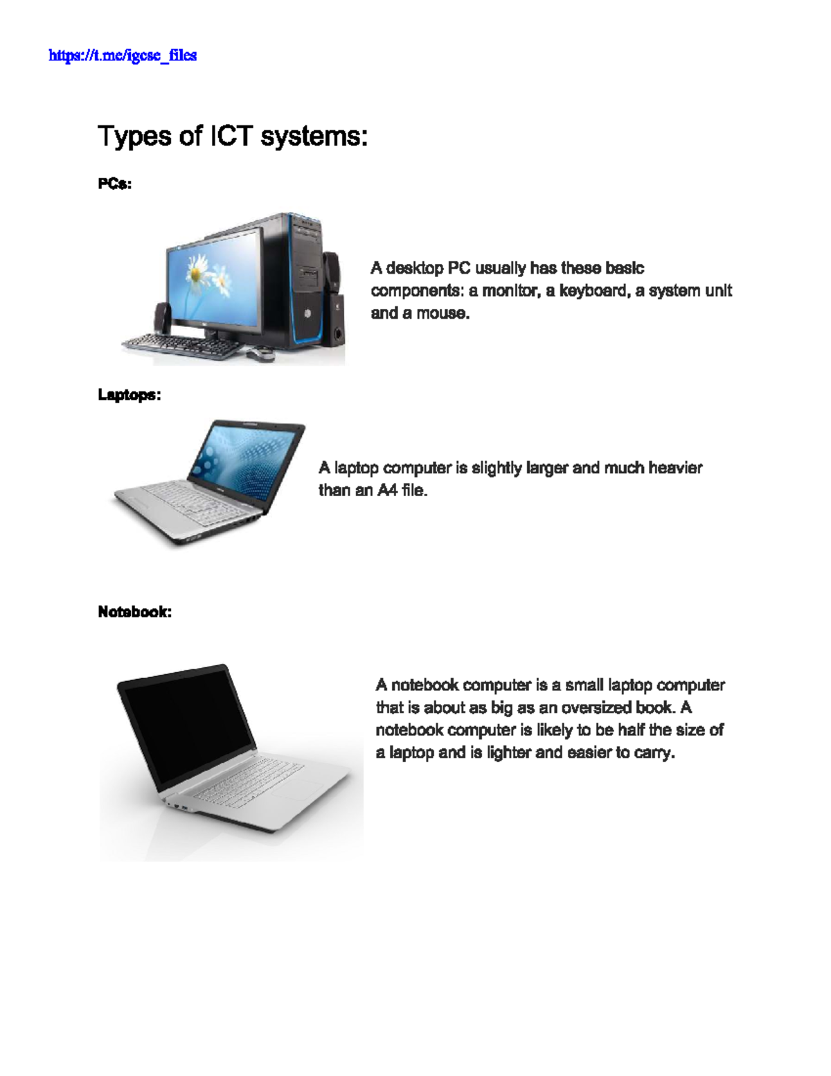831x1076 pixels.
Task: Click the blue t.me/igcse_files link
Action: (x=123, y=55)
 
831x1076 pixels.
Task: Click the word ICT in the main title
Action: (x=231, y=136)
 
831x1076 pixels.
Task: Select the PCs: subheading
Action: (x=115, y=184)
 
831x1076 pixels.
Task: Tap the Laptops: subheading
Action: (x=129, y=395)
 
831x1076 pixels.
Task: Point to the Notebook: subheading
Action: (x=135, y=612)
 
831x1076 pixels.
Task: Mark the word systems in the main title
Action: (x=314, y=136)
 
